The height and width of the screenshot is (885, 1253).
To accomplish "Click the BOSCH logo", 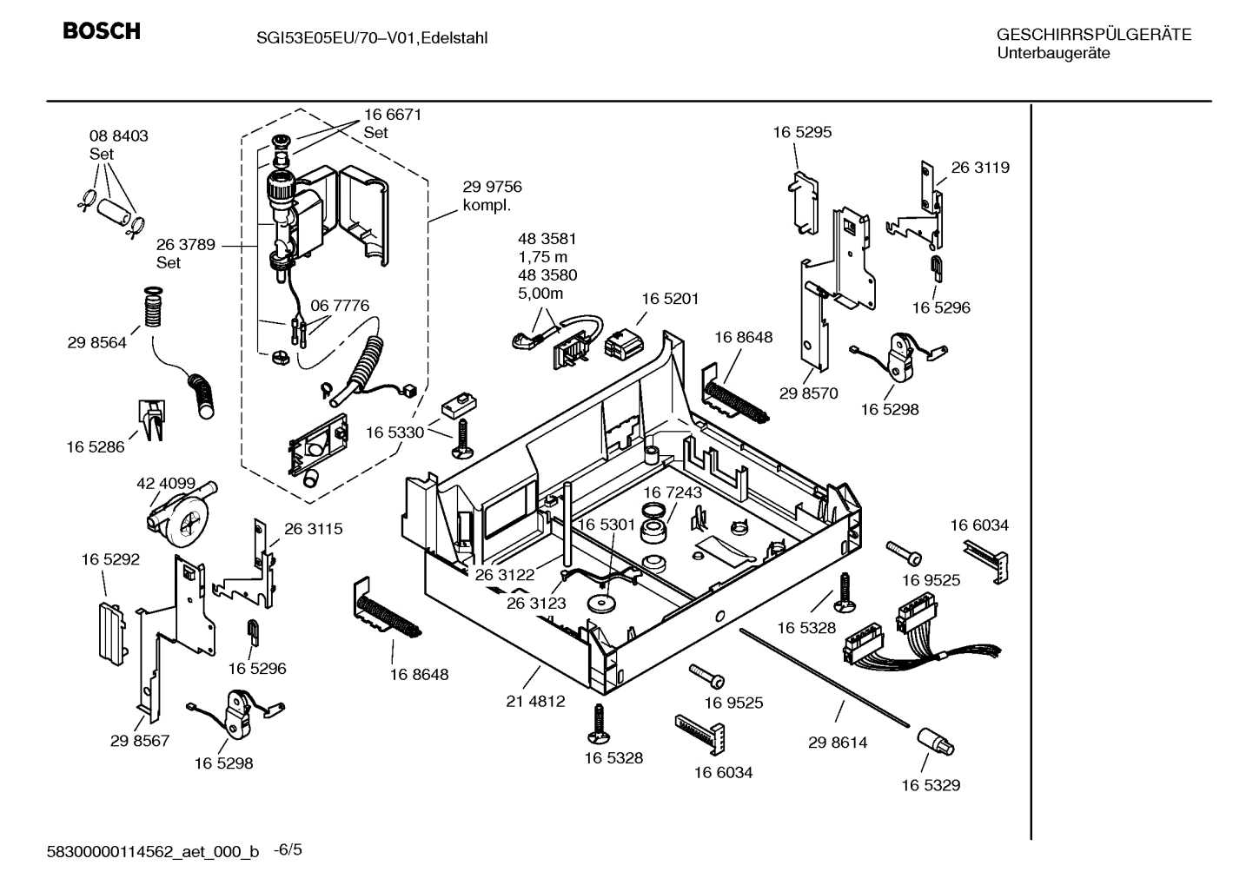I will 102,31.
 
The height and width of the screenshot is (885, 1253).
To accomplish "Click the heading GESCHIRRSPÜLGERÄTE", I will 1093,35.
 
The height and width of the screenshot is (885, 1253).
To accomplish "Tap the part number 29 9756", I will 492,187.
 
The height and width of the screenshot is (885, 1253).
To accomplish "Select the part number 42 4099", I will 166,483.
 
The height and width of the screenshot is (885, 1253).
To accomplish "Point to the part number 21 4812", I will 535,701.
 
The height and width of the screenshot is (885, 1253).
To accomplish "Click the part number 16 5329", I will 930,785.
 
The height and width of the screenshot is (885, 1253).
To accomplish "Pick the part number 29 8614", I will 837,743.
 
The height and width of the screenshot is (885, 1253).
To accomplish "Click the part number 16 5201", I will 670,298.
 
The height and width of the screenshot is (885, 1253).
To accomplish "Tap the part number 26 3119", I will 980,168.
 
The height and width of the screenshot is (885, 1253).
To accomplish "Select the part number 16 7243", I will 673,492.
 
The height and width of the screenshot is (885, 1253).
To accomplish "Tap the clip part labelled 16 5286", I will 151,419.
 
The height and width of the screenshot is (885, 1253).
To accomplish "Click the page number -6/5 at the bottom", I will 288,849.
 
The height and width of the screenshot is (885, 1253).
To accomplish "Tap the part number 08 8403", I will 118,136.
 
